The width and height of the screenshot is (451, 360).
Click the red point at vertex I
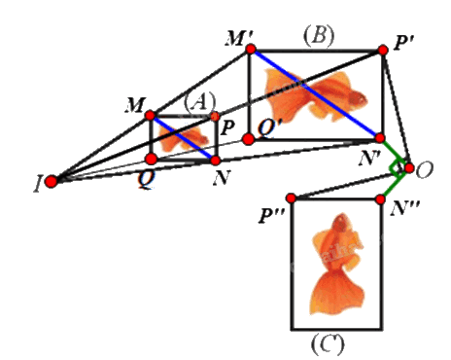tap(51, 181)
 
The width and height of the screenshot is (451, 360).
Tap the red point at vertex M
tap(150, 115)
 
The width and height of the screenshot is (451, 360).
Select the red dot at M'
tap(251, 50)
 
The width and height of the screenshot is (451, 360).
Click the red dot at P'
tap(383, 51)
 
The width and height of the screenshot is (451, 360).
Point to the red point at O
tap(409, 168)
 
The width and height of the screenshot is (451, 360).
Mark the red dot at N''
tap(381, 199)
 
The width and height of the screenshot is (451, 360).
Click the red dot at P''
tap(292, 198)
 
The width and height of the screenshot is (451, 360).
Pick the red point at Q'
tap(248, 139)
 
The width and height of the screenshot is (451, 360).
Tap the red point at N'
tap(380, 138)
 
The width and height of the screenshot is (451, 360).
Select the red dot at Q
tap(152, 159)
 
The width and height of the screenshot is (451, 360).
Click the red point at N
tap(216, 160)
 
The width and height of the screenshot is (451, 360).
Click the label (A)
tap(199, 101)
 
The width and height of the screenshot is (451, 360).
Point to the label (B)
tap(319, 34)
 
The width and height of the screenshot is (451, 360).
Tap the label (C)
tap(328, 344)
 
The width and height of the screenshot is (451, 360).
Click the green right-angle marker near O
tap(398, 168)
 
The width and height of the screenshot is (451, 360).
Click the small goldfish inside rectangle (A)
tap(183, 138)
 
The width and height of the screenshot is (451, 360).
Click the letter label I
tap(38, 185)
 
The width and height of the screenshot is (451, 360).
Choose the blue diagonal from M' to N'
tap(315, 93)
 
